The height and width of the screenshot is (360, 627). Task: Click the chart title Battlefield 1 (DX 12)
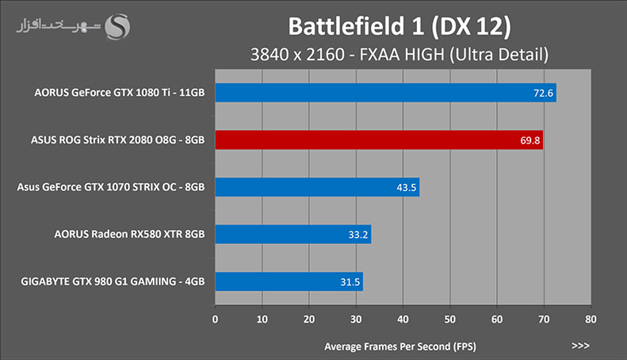click(x=400, y=27)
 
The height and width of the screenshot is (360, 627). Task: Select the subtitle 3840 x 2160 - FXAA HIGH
click(x=347, y=55)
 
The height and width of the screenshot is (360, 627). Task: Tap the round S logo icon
click(x=117, y=27)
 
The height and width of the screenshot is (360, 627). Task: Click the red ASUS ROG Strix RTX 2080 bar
click(x=379, y=140)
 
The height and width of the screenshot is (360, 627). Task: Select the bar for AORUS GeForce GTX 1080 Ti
click(x=385, y=93)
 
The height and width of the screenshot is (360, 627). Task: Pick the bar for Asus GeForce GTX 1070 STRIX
click(x=317, y=187)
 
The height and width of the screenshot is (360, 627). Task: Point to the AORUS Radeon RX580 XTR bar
click(x=293, y=235)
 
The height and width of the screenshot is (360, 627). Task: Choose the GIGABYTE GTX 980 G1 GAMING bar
click(x=289, y=281)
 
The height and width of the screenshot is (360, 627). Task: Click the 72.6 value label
click(x=543, y=94)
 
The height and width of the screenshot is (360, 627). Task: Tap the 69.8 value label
click(x=530, y=140)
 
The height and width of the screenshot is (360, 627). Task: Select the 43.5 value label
click(x=407, y=188)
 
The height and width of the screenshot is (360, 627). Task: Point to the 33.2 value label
click(x=357, y=235)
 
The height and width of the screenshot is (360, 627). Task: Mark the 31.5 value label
click(x=350, y=282)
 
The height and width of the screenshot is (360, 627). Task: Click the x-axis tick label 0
click(x=215, y=320)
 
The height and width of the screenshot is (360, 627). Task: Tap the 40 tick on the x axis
click(x=403, y=320)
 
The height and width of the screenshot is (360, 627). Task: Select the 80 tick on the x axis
click(x=591, y=320)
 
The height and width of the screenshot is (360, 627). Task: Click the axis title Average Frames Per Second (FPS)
click(x=400, y=347)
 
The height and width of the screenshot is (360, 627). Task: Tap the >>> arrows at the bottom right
click(x=580, y=346)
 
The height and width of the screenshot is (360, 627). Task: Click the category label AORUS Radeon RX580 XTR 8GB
click(x=129, y=234)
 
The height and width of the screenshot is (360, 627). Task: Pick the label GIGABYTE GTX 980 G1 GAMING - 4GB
click(x=113, y=281)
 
